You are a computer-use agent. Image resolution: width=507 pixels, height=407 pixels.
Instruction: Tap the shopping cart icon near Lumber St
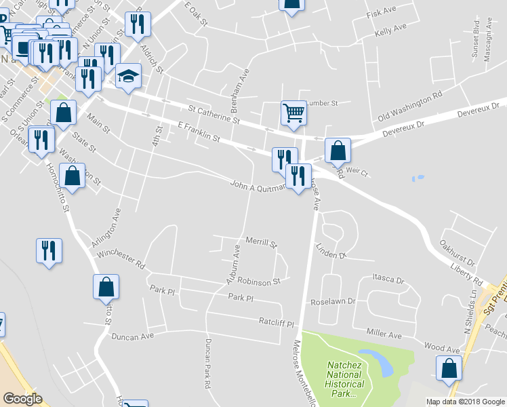point(293,113)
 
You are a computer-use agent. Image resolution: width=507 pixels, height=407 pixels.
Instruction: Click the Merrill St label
point(262,242)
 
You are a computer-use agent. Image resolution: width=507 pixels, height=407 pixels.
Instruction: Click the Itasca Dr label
point(388,279)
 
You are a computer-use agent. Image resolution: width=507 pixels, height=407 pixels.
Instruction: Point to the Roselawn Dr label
point(333,303)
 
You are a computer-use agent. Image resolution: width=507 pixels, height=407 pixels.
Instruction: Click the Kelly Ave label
point(390,29)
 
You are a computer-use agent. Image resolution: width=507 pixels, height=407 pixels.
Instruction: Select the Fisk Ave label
point(380,13)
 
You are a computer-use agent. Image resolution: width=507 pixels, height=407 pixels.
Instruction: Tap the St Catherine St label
point(214,113)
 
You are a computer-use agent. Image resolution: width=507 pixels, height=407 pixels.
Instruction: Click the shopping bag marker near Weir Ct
point(338,151)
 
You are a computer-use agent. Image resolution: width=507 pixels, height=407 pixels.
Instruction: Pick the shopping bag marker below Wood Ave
point(449,368)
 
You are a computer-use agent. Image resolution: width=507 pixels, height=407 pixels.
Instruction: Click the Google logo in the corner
point(22,399)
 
